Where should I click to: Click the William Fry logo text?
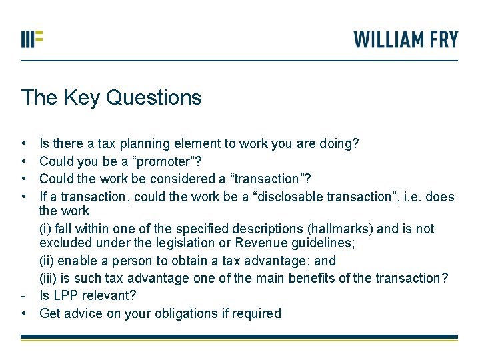click(x=405, y=39)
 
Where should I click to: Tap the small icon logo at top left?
click(x=31, y=39)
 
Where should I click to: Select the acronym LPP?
click(x=65, y=295)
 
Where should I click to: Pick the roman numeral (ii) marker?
click(x=47, y=261)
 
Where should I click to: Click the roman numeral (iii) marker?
click(x=49, y=278)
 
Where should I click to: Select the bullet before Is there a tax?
click(x=23, y=143)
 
